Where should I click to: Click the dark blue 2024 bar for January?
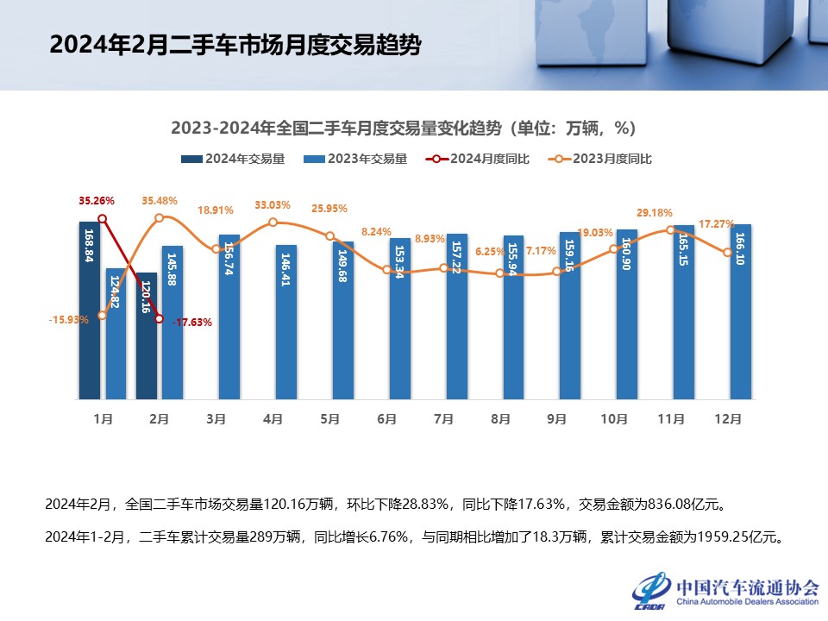90,310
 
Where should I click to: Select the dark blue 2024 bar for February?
147,336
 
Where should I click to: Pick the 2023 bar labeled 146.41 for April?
286,323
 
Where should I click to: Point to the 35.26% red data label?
97,201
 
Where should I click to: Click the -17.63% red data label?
192,323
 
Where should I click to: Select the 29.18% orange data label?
654,212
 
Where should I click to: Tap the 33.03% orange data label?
273,205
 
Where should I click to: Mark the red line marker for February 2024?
160,319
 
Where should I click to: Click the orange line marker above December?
728,252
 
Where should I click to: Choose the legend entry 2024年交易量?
234,159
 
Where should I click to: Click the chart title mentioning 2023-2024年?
403,128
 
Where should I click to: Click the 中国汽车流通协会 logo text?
747,587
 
